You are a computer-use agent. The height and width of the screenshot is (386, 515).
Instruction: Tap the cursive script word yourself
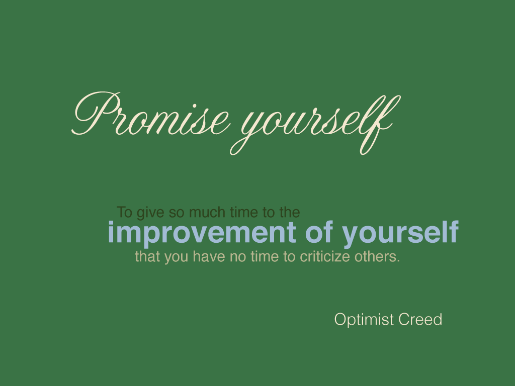315,125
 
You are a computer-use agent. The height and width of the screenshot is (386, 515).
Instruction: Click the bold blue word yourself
400,233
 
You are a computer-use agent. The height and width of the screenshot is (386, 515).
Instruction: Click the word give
150,213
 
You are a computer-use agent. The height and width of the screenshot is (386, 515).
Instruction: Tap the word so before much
177,214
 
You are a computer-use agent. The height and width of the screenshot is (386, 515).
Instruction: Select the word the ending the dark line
290,212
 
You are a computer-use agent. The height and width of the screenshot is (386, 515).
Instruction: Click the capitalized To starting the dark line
125,212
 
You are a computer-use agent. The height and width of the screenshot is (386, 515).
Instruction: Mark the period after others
398,261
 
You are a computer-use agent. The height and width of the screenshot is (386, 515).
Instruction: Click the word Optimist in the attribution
364,320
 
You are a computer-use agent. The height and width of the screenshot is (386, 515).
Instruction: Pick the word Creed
420,319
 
